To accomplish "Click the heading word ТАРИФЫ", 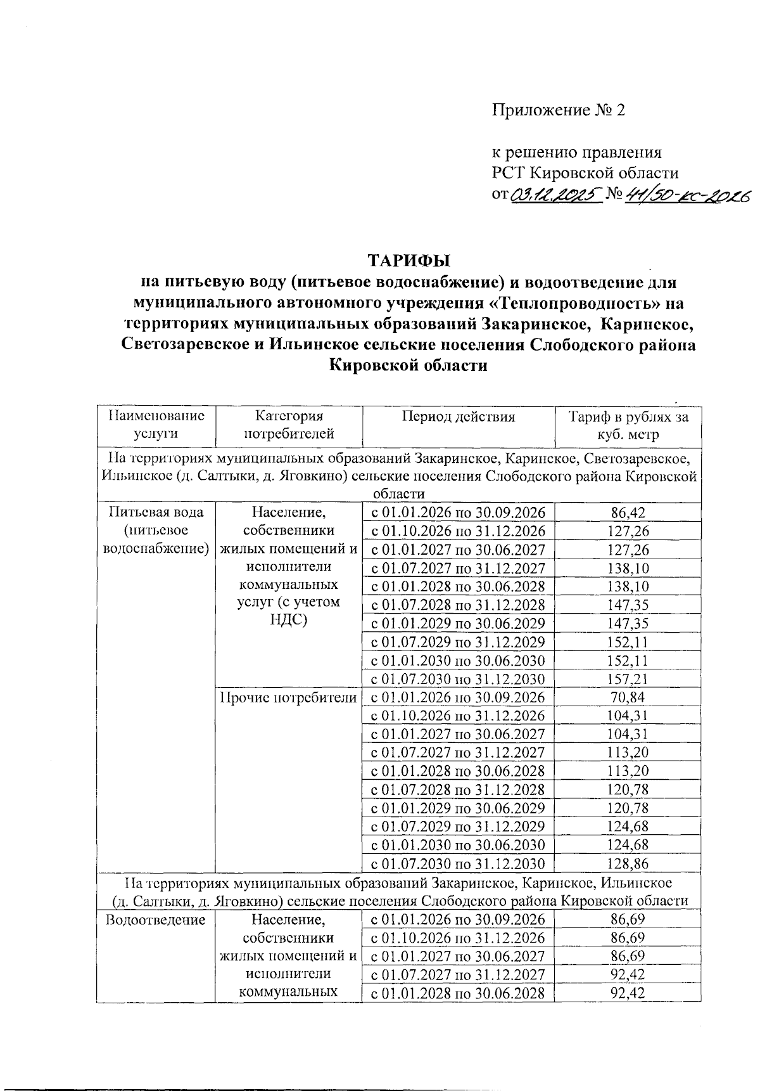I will (408, 260).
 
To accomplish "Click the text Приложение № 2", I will (559, 110).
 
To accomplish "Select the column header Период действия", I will (458, 416).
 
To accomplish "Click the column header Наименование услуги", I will (156, 425).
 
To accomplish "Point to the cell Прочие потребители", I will (288, 698).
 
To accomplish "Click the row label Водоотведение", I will (156, 919).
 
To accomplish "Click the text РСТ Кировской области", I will (586, 173).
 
